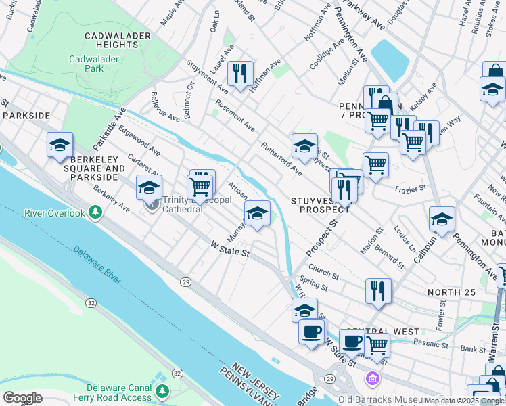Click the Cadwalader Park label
pyautogui.click(x=95, y=64)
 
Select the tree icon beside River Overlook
pyautogui.click(x=96, y=213)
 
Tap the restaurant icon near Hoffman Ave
pyautogui.click(x=239, y=73)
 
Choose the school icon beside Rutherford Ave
pyautogui.click(x=304, y=145)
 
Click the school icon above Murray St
pyautogui.click(x=256, y=213)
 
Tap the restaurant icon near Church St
pyautogui.click(x=378, y=290)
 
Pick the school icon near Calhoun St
pyautogui.click(x=442, y=219)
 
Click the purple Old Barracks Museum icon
pyautogui.click(x=371, y=377)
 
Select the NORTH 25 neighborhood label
pyautogui.click(x=453, y=292)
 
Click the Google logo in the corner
pyautogui.click(x=22, y=397)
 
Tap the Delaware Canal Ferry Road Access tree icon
pyautogui.click(x=162, y=391)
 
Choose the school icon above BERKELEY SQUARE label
pyautogui.click(x=60, y=144)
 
